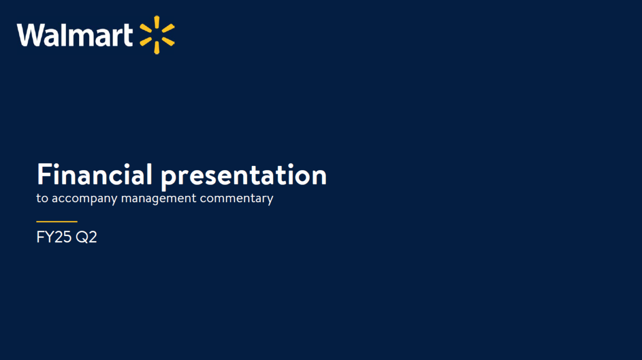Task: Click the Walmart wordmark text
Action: click(x=75, y=35)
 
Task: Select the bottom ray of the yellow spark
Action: click(x=157, y=48)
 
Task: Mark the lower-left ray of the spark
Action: click(x=146, y=42)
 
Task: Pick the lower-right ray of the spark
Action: click(x=168, y=42)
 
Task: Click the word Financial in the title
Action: click(x=95, y=174)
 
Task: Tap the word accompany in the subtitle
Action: click(x=85, y=199)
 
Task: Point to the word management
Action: click(x=159, y=199)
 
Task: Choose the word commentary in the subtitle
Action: click(x=236, y=199)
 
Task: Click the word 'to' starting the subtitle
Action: click(x=42, y=198)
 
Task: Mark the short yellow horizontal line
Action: click(x=57, y=221)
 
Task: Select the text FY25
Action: click(x=54, y=237)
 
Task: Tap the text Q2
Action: click(x=86, y=238)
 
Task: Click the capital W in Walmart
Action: click(x=30, y=35)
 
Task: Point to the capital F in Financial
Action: click(x=44, y=174)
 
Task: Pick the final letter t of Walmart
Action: click(x=128, y=36)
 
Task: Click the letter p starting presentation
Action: click(x=168, y=179)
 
